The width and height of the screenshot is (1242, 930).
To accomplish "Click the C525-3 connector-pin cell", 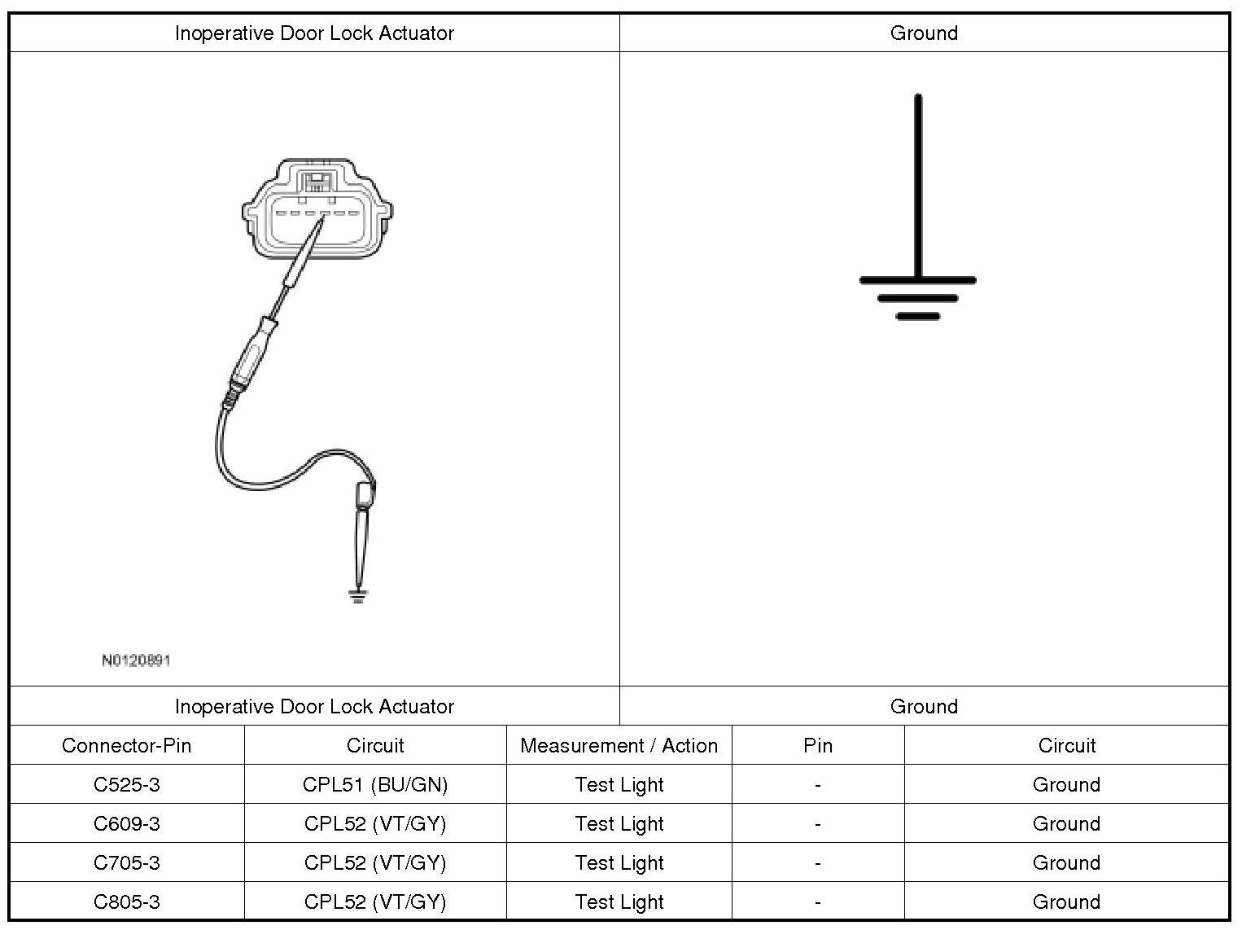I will point(126,784).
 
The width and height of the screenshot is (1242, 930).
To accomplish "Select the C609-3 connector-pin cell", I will point(126,823).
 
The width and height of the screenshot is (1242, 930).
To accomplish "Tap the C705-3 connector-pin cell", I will point(126,862).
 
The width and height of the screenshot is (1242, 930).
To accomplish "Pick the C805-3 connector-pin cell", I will point(126,901).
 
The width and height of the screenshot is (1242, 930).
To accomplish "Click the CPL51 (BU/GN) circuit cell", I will point(375,784).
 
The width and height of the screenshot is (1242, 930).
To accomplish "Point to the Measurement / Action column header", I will point(619,745).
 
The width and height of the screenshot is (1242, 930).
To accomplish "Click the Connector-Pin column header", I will point(126,745).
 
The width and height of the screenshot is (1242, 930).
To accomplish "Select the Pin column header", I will point(817,745).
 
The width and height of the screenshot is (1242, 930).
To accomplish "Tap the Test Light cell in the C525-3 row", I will point(619,784).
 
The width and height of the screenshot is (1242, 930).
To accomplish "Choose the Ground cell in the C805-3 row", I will point(1065,901).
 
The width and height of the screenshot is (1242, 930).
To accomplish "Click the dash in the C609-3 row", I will point(817,823).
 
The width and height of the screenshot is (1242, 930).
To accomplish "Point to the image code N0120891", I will point(136,660).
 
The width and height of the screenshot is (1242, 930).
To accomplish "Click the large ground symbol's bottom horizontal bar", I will point(917,316).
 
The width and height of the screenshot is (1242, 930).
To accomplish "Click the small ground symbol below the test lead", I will point(356,597).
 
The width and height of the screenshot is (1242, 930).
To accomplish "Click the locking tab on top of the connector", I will point(317,180).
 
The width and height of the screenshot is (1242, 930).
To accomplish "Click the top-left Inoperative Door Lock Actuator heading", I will point(314,33).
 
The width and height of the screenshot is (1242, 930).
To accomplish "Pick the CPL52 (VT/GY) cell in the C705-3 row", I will point(375,862).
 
